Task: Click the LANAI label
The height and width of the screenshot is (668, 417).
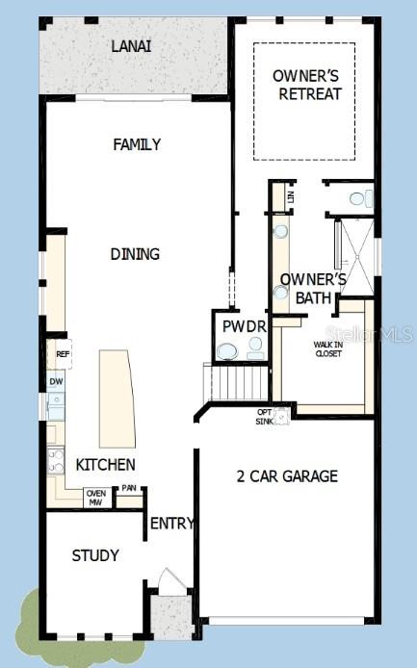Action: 131,45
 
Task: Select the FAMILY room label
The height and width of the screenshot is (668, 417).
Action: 137,144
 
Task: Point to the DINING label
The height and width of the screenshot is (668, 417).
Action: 135,254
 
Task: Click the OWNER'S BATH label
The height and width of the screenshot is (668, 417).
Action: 306,289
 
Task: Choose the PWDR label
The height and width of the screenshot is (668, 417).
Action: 243,326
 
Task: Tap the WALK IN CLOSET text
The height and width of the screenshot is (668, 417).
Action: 328,348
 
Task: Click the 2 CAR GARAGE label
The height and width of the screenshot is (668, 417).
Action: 287,475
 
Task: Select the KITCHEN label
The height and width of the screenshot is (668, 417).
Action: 105,465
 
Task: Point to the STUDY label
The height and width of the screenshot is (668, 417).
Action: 95,555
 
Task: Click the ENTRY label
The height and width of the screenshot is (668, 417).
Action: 172,524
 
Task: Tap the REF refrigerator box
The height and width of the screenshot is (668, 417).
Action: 63,354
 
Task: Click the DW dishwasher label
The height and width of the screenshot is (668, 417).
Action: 57,382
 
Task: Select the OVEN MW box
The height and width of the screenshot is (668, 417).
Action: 95,498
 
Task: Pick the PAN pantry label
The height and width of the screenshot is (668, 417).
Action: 129,489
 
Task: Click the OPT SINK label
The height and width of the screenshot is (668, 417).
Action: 264,417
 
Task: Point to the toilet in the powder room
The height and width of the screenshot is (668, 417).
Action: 226,353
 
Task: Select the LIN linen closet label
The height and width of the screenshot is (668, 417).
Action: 290,195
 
